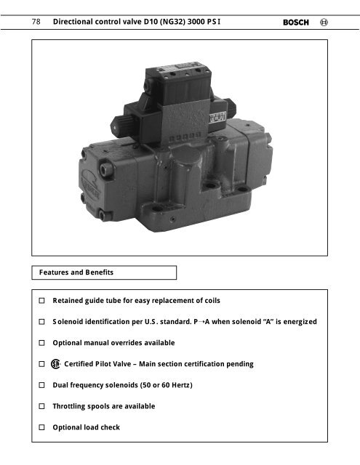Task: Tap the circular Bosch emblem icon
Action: click(324, 23)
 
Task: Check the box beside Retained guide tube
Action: click(44, 300)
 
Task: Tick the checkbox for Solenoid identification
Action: click(44, 321)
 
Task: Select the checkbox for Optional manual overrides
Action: click(44, 342)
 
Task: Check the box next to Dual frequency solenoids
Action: click(44, 385)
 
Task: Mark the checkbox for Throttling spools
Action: click(44, 406)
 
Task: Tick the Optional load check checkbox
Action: click(44, 427)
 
